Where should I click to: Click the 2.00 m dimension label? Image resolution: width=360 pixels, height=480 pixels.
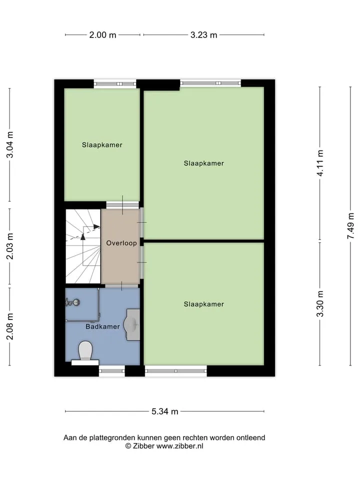coord(102,35)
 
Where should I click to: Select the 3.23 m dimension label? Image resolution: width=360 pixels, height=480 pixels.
coord(203,35)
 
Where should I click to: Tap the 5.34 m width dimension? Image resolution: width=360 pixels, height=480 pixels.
coord(164,411)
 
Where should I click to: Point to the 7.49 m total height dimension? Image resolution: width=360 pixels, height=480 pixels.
coord(351,226)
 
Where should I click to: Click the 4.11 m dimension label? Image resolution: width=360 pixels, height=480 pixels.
coord(320,163)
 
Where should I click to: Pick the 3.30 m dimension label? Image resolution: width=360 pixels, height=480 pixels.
coord(320,304)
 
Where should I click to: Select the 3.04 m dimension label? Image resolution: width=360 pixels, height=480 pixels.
coord(10,144)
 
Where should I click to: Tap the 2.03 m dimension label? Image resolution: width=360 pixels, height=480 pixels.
coord(10,246)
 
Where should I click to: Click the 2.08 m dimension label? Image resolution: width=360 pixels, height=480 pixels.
coord(10,326)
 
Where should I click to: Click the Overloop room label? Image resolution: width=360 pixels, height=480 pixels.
coord(121,243)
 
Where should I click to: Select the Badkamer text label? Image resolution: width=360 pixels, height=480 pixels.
coord(102,326)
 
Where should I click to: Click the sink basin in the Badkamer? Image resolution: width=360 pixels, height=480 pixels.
coord(132,324)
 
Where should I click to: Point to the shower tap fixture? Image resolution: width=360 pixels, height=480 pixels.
coord(72,302)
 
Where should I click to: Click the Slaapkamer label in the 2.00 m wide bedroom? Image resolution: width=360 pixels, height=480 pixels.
coord(102,145)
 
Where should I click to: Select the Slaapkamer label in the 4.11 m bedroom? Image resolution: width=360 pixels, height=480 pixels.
coord(204,163)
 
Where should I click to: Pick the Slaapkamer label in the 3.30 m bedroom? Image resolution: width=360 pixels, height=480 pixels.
coord(204,304)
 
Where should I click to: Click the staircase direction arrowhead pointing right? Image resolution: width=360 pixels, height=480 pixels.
coord(96,227)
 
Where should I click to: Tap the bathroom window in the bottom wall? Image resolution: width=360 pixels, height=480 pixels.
coord(111,371)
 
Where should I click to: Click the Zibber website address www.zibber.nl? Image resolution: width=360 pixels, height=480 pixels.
coord(179,446)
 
